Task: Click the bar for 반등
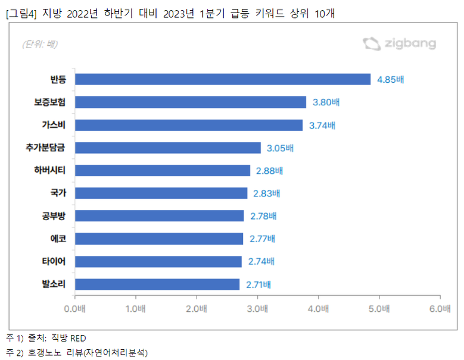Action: point(223,79)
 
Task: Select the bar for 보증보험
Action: point(191,102)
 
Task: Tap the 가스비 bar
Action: point(189,125)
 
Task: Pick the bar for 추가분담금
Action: point(168,148)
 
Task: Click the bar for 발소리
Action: point(157,284)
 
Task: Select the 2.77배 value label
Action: point(261,239)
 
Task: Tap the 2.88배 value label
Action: point(269,171)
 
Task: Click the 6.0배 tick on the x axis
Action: point(440,309)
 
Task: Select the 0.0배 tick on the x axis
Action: point(75,309)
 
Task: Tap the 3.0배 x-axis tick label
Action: point(257,309)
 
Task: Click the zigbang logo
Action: point(399,43)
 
